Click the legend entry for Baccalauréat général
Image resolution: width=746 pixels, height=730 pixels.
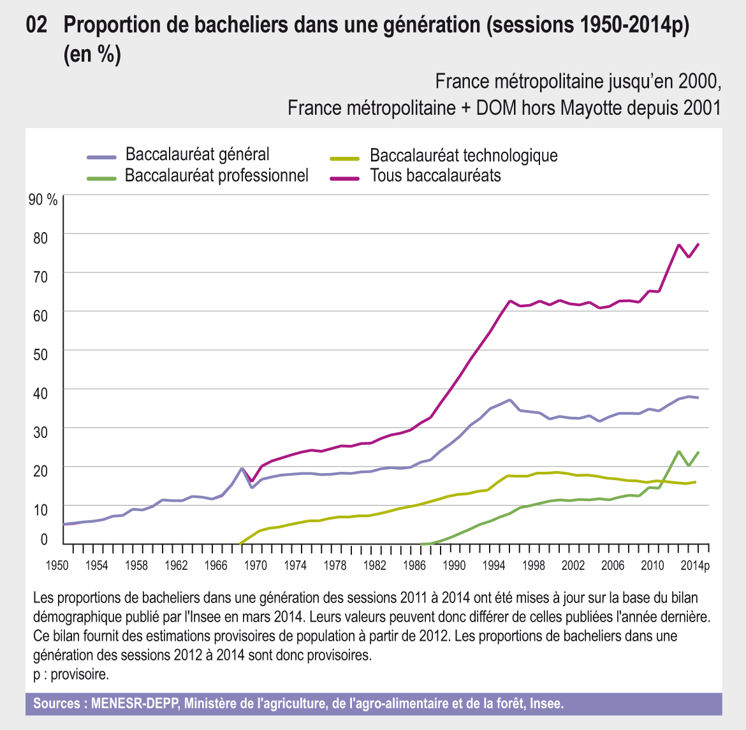[197, 154]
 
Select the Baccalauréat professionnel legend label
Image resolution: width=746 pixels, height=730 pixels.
[216, 175]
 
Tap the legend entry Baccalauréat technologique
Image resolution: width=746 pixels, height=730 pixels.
[464, 156]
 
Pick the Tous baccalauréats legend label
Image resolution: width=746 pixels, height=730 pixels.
[435, 175]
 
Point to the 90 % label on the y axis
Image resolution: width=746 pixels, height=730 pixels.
[43, 200]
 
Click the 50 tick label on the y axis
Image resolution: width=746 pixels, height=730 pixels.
[40, 354]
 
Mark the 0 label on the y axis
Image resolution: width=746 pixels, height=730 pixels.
[44, 539]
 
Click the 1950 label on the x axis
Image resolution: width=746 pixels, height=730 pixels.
[57, 566]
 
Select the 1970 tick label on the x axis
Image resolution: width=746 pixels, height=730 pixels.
[256, 566]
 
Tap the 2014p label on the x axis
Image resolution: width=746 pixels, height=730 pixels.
[694, 566]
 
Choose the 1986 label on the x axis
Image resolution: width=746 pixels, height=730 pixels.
[414, 566]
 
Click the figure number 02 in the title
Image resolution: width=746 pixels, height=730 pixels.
[37, 26]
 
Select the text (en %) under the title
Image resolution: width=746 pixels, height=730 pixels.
[92, 55]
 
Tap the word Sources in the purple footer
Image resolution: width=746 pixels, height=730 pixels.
[57, 704]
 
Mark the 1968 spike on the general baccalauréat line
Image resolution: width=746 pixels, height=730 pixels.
[242, 469]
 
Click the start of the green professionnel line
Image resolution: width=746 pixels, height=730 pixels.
[423, 544]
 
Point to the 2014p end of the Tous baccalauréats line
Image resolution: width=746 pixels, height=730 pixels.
[699, 244]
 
